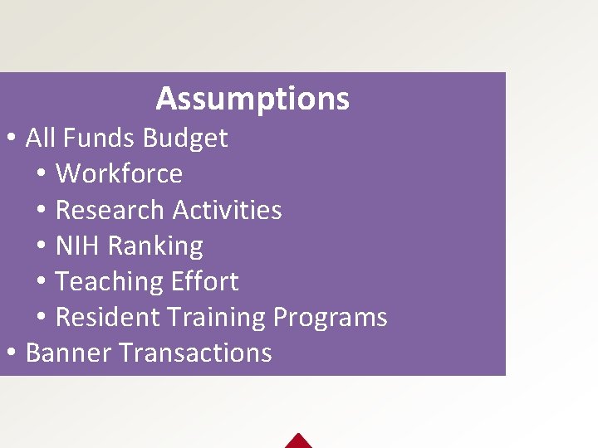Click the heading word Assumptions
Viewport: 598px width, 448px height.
click(x=252, y=100)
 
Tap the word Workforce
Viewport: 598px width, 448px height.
click(x=119, y=173)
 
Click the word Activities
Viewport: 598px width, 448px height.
click(x=228, y=210)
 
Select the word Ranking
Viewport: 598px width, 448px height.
click(x=155, y=246)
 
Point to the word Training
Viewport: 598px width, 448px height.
click(x=216, y=318)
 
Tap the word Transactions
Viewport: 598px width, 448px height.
click(x=195, y=353)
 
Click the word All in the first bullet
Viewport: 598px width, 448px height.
click(x=40, y=138)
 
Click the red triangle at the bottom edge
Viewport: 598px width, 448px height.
click(x=297, y=441)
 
